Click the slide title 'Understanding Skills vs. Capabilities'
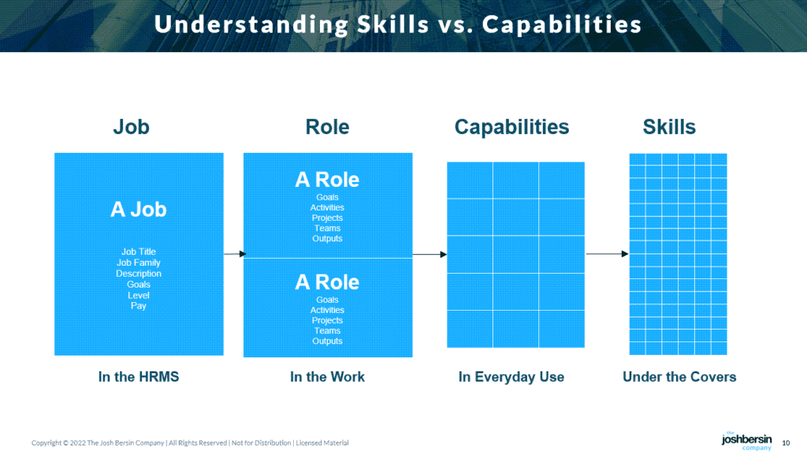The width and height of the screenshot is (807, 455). click(x=398, y=24)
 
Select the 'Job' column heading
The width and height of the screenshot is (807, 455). click(x=131, y=127)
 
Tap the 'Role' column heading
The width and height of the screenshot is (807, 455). click(x=327, y=127)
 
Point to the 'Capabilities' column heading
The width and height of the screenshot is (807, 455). click(x=511, y=127)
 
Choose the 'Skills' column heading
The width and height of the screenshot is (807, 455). click(x=669, y=127)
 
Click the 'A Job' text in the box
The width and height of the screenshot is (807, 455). click(x=139, y=209)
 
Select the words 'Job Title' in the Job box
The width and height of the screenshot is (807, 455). click(x=139, y=252)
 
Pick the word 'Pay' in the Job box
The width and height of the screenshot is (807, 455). click(x=139, y=306)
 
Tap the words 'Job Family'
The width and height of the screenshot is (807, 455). click(x=139, y=263)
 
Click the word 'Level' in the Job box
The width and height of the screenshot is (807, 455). click(x=139, y=295)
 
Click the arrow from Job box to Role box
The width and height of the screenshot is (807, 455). click(x=234, y=254)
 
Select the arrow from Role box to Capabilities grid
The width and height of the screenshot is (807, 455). click(x=430, y=254)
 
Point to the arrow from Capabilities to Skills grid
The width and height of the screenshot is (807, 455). click(x=607, y=254)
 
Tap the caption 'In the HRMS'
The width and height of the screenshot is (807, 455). click(x=139, y=377)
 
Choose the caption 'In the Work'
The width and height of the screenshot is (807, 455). click(x=327, y=377)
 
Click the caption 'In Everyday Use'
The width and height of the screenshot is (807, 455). click(x=511, y=377)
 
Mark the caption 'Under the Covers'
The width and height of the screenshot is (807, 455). click(x=679, y=377)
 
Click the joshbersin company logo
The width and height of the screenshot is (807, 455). click(x=746, y=441)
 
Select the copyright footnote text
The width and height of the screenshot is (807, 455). click(x=190, y=443)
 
